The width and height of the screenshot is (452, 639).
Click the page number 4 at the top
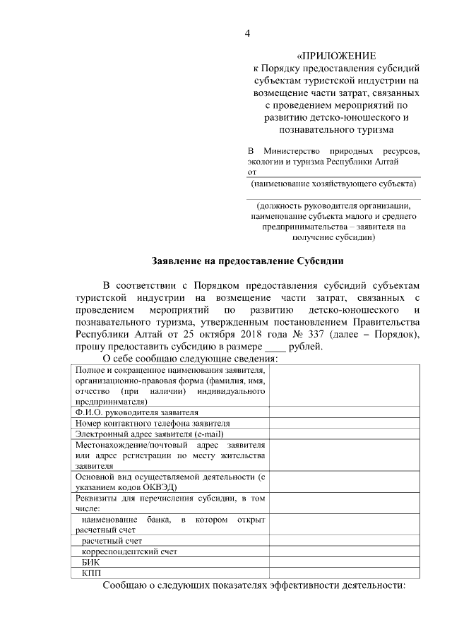(247, 33)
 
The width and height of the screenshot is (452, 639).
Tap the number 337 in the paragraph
(307, 333)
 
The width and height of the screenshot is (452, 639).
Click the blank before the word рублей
(273, 346)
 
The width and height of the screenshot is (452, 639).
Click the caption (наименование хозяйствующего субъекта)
(333, 184)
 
